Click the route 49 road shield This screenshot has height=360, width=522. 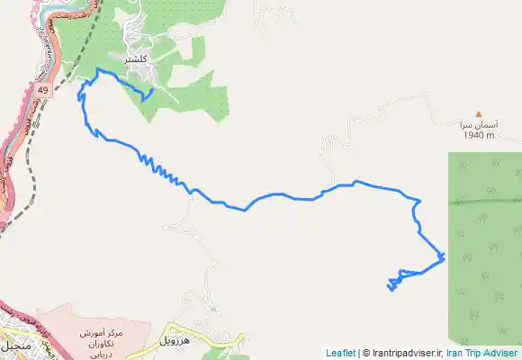pos(43,91)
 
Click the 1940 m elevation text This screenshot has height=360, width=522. pos(479,136)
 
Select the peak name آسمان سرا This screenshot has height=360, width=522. pos(479,125)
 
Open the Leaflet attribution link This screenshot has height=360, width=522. pos(340,354)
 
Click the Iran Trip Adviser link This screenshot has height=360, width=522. pos(483,354)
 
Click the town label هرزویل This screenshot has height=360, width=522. pos(175,341)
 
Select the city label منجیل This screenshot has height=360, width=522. pos(17,346)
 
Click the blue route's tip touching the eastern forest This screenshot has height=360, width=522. pos(444,258)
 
